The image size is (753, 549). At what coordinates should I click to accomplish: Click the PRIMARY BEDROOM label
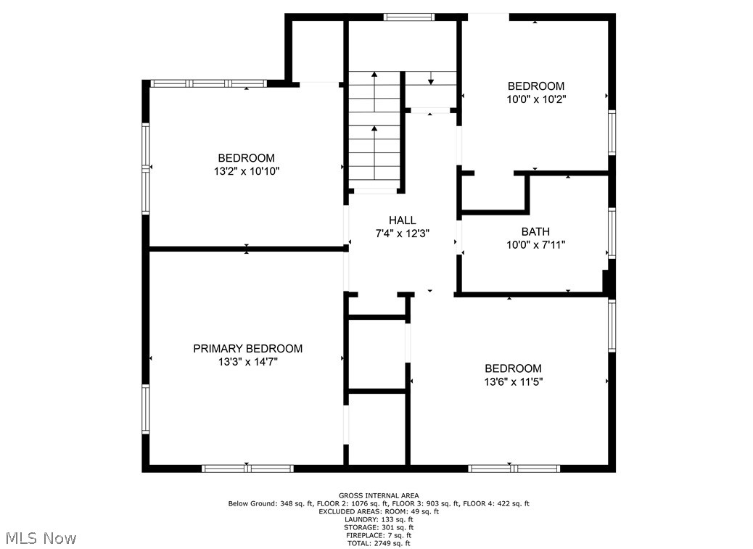point(248,348)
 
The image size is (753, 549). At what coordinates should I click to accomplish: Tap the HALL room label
point(403,220)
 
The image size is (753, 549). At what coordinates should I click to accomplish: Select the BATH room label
point(535,231)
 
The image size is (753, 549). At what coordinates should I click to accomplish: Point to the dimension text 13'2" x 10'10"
point(247,171)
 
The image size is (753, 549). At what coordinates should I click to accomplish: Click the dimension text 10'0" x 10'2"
point(536,99)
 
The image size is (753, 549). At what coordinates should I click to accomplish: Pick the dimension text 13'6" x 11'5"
point(514,382)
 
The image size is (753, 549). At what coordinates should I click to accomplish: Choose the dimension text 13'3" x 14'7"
point(248,362)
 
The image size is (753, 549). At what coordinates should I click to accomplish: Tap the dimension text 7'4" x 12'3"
point(403,234)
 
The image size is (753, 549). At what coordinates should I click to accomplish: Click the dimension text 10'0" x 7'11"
point(536,244)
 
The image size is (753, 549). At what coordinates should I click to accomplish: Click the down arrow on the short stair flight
point(431,78)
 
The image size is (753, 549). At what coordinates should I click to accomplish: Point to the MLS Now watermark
point(41,538)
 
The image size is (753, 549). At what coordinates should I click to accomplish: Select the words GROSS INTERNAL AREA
point(379,495)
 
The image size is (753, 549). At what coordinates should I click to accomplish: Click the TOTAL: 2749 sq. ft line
point(379,543)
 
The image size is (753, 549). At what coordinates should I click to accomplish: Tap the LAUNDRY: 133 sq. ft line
point(379,519)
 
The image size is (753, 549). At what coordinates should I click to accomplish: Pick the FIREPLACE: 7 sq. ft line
point(379,535)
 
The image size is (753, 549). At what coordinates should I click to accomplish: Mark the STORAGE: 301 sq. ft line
point(379,527)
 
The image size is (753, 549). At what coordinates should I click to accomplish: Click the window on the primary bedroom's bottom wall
point(247,468)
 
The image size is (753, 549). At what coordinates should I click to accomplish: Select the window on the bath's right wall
point(612,234)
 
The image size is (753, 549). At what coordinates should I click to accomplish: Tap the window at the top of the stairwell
point(409,17)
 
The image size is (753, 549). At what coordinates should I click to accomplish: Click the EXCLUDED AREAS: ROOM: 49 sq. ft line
point(379,511)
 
